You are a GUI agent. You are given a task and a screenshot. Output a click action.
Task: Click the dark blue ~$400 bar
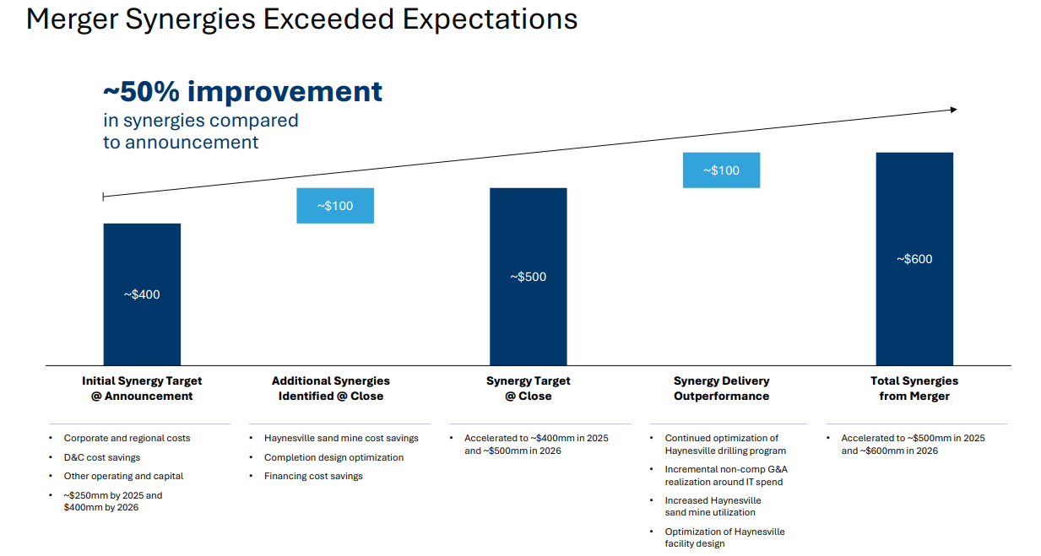point(142,294)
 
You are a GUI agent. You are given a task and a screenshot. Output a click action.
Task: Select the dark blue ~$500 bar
point(528,276)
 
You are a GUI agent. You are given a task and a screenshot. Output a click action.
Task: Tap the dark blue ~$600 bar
point(914,258)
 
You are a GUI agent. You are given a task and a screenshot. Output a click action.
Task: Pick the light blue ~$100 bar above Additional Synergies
point(335,205)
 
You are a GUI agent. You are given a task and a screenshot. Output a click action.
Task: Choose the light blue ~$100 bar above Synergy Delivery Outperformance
point(721,170)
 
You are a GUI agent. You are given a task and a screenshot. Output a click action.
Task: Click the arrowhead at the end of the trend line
point(953,110)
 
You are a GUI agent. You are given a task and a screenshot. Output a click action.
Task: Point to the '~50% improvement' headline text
point(242,91)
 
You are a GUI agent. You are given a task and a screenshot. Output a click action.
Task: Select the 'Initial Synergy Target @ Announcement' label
point(142,388)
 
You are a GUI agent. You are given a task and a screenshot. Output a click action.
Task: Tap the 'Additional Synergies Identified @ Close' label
point(331,388)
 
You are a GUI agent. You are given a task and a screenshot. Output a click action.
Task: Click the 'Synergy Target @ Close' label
point(528,388)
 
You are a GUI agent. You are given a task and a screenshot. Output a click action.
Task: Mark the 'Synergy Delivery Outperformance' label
point(721,388)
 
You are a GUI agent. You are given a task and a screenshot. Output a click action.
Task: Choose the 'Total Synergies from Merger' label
point(914,388)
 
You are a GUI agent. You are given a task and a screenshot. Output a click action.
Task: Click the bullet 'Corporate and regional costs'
point(127,438)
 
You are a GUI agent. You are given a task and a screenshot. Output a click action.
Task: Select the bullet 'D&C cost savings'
point(102,457)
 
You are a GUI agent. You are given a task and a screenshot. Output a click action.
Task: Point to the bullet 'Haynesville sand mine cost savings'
point(341,438)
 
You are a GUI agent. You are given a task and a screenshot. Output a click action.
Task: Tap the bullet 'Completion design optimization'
point(333,457)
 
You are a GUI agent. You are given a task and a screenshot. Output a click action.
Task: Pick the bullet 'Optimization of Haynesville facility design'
point(724,537)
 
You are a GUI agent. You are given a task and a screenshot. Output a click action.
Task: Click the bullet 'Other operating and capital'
point(123,476)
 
